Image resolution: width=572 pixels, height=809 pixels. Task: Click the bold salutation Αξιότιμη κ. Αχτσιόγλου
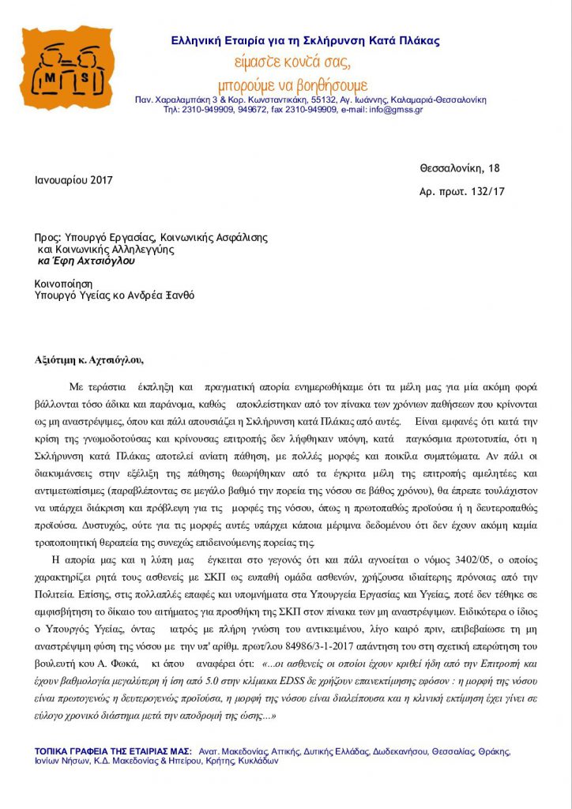89,361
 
